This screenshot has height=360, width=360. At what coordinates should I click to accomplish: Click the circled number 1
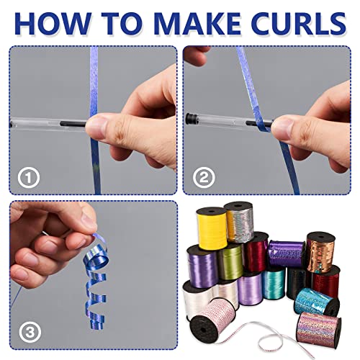[x=28, y=178]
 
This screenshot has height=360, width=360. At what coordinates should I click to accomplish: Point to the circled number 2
[x=204, y=178]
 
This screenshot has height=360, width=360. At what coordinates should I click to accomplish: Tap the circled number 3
[x=30, y=333]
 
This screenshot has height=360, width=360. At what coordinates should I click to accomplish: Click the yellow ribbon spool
[x=212, y=228]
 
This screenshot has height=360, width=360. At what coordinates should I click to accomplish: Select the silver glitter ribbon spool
[x=239, y=222]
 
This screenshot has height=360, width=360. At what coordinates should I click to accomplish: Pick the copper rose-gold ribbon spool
[x=320, y=253]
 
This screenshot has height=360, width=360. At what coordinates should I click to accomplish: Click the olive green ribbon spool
[x=230, y=261]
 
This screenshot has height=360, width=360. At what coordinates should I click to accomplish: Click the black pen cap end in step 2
[x=191, y=119]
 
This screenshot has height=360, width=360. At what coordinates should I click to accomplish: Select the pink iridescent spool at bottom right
[x=319, y=330]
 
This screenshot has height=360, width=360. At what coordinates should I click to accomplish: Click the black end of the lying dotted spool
[x=204, y=329]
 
